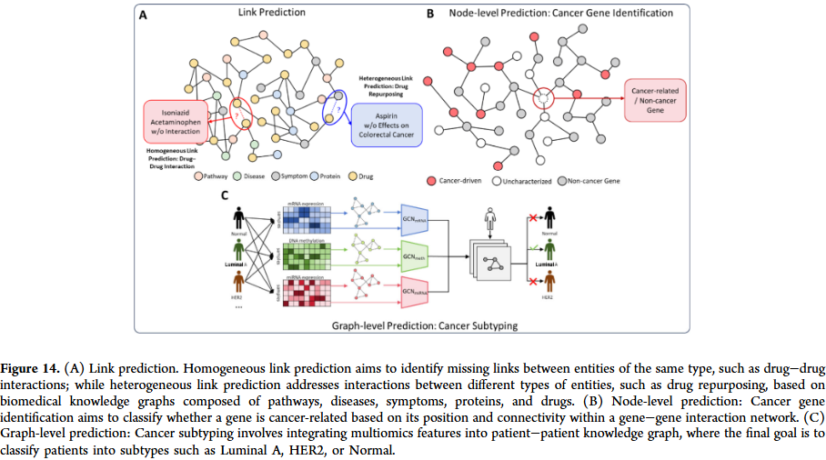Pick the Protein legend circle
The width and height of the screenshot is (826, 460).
pos(314,176)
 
